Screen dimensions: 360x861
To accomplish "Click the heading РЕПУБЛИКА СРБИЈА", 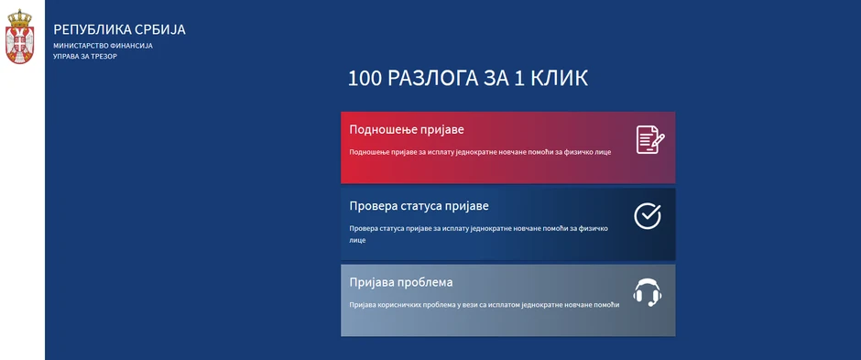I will tap(119, 29).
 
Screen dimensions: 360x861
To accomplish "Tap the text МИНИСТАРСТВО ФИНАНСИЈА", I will tap(103, 46).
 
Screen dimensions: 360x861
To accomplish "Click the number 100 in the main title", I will tap(365, 79).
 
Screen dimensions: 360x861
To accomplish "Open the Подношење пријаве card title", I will tap(407, 130).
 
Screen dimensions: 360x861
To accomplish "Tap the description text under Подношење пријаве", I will tap(480, 151).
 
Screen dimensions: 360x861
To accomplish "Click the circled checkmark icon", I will tap(648, 215).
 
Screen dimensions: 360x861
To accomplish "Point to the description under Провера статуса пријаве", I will tap(478, 234).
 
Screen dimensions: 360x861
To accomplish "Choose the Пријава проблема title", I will tap(401, 282).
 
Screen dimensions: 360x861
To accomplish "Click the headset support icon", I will tap(648, 292).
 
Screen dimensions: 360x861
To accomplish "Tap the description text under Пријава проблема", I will tap(484, 304).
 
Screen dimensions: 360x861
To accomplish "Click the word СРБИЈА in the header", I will tap(161, 29).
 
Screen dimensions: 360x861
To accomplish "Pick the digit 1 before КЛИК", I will tap(518, 79).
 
